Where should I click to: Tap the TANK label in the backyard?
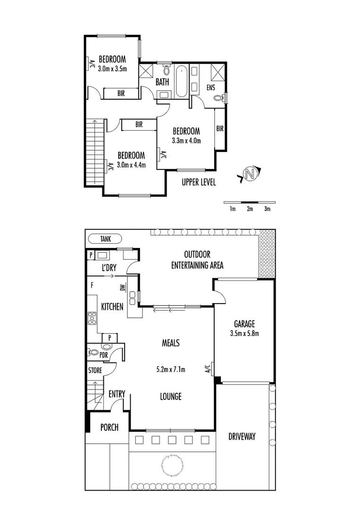105,239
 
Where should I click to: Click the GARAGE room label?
244,324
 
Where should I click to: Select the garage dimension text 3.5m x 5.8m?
244,333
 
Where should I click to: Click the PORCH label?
109,427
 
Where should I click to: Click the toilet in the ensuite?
218,98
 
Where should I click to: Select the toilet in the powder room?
94,352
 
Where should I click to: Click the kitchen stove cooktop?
92,319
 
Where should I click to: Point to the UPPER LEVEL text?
199,182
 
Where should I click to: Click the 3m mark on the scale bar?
267,209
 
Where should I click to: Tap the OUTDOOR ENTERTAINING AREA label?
197,259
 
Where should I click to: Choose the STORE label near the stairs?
95,371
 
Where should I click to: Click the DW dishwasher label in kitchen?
122,288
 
